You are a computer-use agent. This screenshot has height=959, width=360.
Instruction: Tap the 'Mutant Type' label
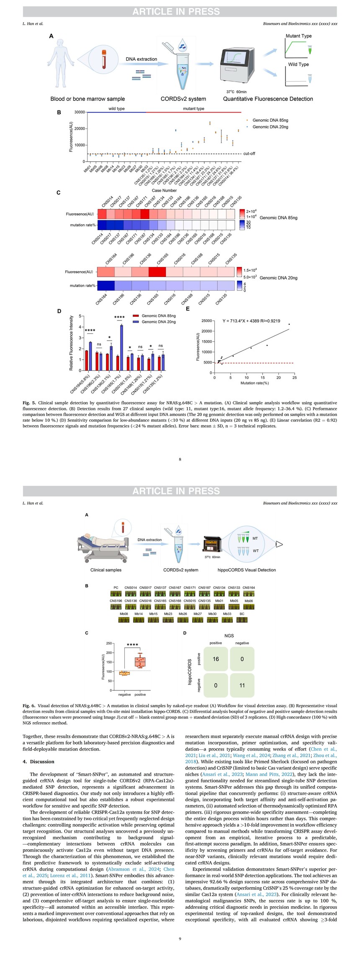tap(298, 36)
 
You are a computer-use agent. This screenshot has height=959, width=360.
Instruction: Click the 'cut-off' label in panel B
tap(249, 154)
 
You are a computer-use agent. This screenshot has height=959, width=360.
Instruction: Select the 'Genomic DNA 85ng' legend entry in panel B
tap(270, 120)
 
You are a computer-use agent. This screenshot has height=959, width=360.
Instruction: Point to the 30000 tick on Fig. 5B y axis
tap(78, 112)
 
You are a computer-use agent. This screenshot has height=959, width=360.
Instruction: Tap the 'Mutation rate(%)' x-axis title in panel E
tap(254, 383)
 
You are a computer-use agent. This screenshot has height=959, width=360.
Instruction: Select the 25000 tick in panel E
tap(206, 321)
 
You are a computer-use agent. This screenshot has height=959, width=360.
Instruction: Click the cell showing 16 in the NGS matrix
tap(216, 659)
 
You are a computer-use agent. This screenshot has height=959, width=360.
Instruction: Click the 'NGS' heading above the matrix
tap(229, 636)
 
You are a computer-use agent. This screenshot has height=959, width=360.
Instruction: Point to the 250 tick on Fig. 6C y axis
tap(108, 643)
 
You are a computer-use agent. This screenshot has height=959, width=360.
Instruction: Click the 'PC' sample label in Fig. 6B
tap(116, 587)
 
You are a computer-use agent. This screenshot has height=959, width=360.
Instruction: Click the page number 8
tap(180, 459)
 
